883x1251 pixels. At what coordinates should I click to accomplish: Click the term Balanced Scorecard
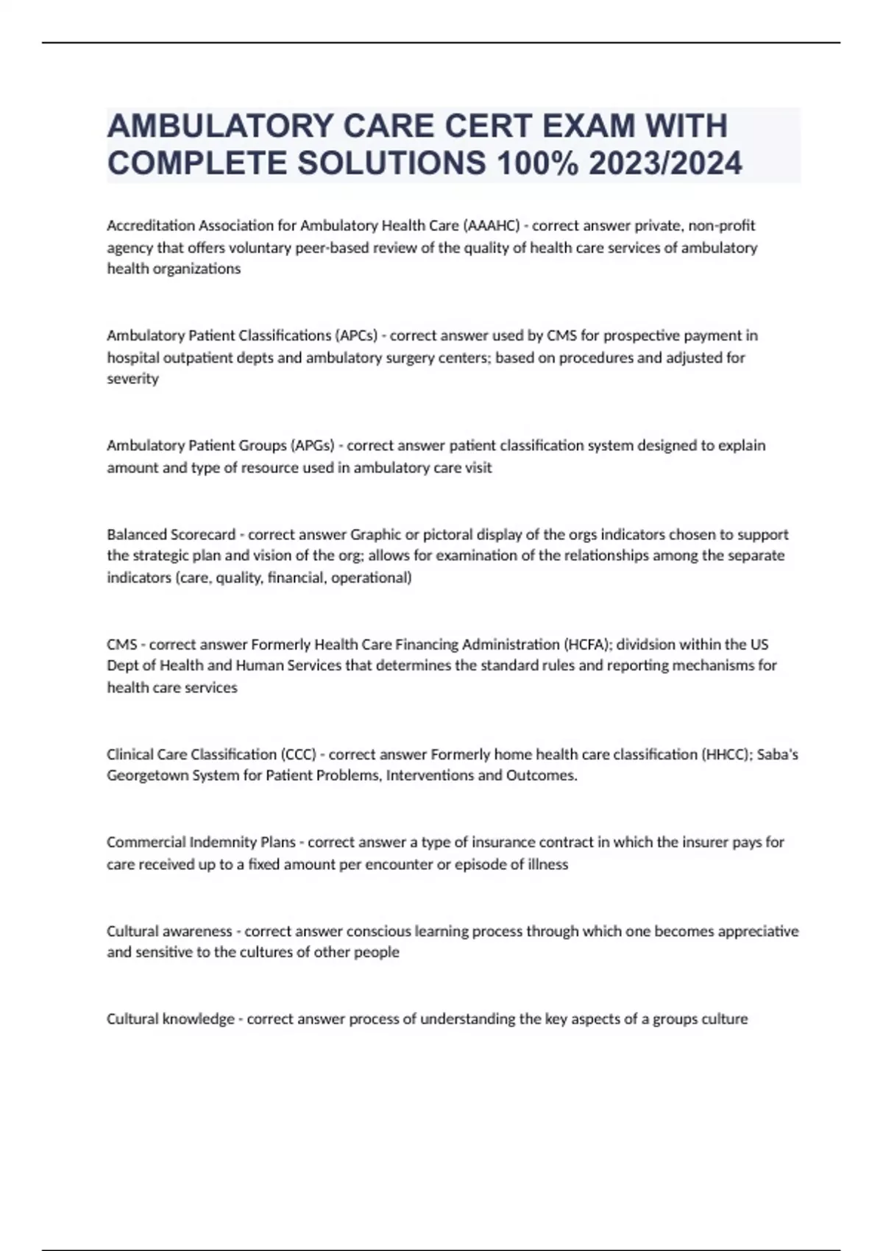click(171, 534)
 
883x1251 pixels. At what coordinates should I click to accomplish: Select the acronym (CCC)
click(299, 754)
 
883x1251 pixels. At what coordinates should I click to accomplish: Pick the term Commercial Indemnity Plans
click(201, 842)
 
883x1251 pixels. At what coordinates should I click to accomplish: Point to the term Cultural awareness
click(169, 931)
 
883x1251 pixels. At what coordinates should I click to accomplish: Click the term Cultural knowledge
click(170, 1019)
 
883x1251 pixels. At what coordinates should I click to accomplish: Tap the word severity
click(132, 379)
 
